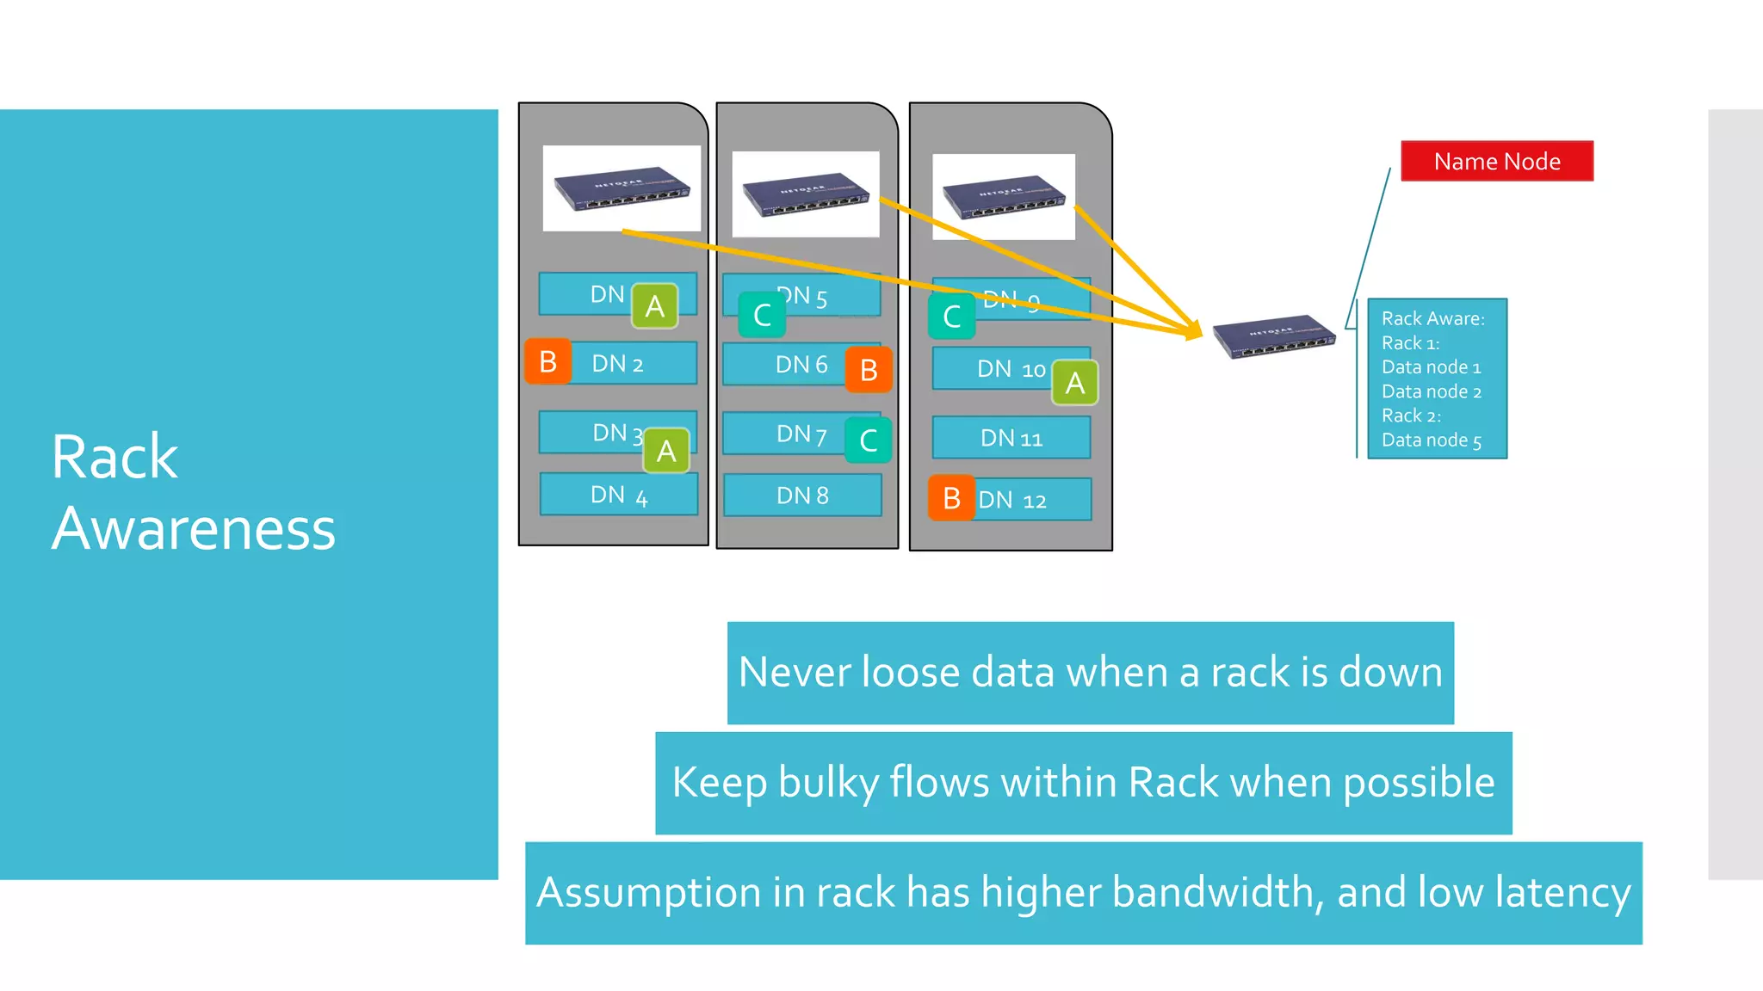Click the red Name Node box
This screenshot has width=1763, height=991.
coord(1496,161)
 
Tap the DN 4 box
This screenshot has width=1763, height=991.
coord(619,495)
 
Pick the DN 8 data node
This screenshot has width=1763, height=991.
coord(802,495)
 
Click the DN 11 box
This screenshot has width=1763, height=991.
coord(1011,438)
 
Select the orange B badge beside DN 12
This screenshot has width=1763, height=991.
coord(951,498)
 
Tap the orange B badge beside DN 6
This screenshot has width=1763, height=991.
coord(869,370)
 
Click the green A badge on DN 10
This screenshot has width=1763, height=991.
coord(1074,383)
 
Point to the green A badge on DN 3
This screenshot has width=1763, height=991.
coord(666,451)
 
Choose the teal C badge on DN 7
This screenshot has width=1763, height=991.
coord(868,440)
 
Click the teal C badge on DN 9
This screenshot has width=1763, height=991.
coord(951,317)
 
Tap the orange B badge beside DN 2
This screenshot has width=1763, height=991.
coord(548,361)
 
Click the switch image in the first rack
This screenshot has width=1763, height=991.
coord(622,188)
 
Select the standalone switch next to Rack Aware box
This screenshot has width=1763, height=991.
coord(1274,336)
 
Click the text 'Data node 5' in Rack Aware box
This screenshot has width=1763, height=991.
coord(1432,440)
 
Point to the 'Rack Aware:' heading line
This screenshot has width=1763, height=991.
coord(1432,318)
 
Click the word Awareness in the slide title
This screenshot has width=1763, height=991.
coord(194,528)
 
